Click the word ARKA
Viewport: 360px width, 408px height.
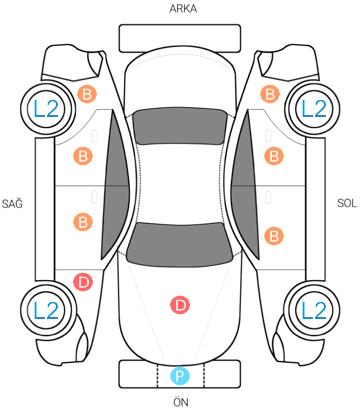pos(183,8)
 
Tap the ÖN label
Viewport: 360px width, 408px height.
pos(181,402)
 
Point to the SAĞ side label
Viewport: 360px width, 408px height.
pos(12,203)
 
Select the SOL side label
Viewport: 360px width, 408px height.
pos(347,203)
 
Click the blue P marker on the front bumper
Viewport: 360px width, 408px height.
pos(180,376)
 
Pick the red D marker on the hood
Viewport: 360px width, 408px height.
pos(180,305)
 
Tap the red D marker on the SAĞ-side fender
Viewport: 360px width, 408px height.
pos(83,282)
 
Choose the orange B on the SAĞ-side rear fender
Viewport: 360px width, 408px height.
pos(87,94)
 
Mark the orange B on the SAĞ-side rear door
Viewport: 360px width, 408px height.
pos(83,156)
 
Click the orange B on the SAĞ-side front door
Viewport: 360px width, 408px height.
pos(83,222)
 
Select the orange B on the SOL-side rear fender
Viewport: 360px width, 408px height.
pos(270,94)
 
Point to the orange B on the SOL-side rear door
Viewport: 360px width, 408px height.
pos(274,156)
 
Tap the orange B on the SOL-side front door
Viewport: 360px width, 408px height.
pos(274,236)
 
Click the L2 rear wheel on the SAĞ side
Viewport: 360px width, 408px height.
pos(47,109)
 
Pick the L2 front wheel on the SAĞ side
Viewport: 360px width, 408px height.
pos(47,310)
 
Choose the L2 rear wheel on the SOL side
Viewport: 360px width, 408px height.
pos(313,109)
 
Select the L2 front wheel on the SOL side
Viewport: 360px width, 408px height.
pos(313,310)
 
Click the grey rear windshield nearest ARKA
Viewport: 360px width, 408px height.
pos(179,126)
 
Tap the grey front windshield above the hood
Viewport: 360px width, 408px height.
pos(179,244)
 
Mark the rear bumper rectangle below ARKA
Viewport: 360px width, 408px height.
pos(180,38)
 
